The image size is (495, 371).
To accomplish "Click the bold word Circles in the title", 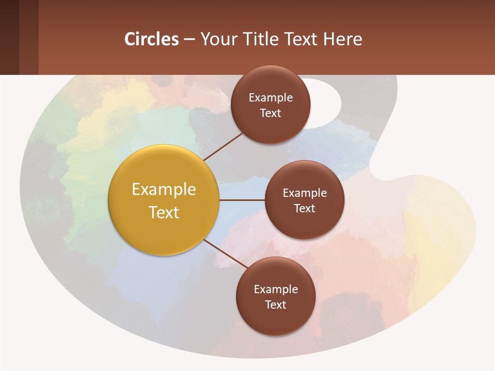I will coord(152,39).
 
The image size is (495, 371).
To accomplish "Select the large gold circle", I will coord(164,200).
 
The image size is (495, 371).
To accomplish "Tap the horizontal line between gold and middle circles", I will coord(242,200).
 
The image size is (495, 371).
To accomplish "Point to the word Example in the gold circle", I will coord(164,189).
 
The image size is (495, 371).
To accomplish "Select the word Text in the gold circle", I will coord(164,212).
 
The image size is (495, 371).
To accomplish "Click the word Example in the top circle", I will coord(270,97).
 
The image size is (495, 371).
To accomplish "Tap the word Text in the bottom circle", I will coord(276,305).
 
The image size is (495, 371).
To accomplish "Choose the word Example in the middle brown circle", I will coord(304,193).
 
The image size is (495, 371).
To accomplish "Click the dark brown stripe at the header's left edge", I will coord(9,37).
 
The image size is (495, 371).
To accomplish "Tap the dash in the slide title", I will coord(189,40).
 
